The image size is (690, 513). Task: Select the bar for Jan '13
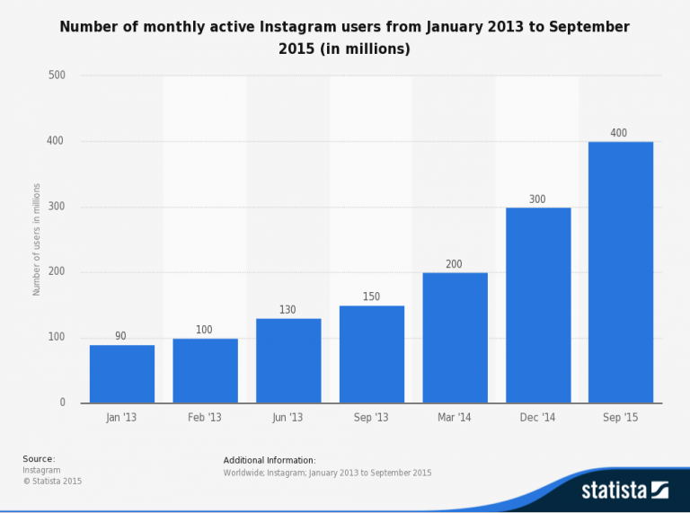click(122, 374)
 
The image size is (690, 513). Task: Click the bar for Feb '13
click(205, 370)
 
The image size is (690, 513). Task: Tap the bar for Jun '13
click(288, 360)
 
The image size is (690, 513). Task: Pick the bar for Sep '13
click(372, 354)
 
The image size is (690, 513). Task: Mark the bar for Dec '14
click(538, 305)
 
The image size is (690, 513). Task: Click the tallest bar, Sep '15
click(621, 272)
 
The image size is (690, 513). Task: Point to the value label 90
click(120, 336)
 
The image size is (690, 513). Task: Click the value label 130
click(288, 310)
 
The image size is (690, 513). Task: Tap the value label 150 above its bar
click(372, 297)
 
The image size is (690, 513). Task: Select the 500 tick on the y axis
click(57, 75)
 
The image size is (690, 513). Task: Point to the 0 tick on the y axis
click(62, 403)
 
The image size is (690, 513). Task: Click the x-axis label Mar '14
click(455, 419)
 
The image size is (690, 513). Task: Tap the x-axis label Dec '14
click(538, 419)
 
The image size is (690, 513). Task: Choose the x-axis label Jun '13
click(288, 419)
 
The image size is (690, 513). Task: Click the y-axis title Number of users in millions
click(37, 240)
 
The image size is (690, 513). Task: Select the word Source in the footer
click(38, 459)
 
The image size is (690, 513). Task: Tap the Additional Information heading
click(270, 460)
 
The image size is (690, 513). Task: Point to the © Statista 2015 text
click(51, 481)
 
